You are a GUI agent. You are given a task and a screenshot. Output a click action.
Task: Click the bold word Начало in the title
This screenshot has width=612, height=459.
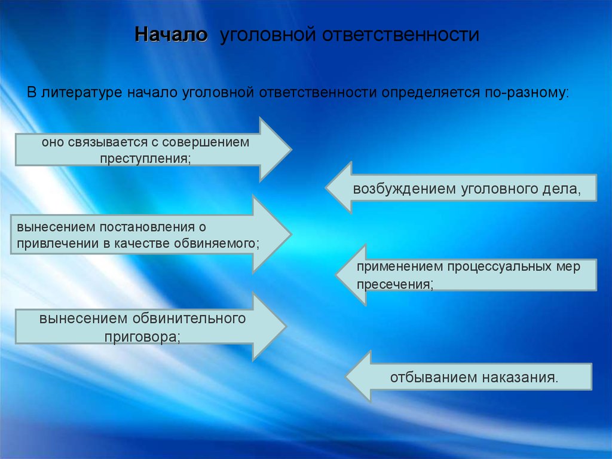(x=172, y=34)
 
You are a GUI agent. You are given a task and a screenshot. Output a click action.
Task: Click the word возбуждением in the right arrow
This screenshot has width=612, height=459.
(x=403, y=189)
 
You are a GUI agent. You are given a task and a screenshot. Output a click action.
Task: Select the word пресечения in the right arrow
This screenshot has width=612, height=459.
(x=394, y=284)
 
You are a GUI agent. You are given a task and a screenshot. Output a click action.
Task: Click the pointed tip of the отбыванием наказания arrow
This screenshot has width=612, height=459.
(x=347, y=376)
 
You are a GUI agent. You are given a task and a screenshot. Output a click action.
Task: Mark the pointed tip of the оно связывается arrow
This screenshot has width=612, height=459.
(x=291, y=149)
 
